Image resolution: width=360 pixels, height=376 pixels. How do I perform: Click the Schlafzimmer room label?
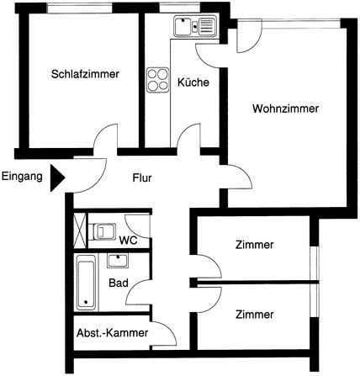tap(85, 74)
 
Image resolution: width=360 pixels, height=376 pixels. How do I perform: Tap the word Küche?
tap(193, 82)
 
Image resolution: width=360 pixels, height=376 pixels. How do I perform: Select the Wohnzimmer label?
tap(285, 109)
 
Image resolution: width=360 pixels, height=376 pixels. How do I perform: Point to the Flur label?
tap(142, 177)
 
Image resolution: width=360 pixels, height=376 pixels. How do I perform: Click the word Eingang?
tap(22, 177)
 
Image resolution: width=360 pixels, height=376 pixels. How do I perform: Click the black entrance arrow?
tap(57, 178)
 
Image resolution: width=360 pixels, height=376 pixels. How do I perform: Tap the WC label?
tap(128, 241)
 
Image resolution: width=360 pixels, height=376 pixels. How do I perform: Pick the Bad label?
tap(119, 283)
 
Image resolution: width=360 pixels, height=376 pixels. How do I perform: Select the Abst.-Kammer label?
tap(113, 333)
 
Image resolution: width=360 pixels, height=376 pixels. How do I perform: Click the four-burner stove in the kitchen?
tap(158, 80)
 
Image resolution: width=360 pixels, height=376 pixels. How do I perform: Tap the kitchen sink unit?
tap(195, 26)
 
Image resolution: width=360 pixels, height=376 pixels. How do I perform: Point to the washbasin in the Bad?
tap(118, 261)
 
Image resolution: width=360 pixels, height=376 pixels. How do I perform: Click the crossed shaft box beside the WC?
tap(80, 230)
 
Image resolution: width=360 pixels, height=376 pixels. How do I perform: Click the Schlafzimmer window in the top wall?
tap(79, 8)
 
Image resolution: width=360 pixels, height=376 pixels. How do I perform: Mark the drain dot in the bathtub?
tap(86, 302)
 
